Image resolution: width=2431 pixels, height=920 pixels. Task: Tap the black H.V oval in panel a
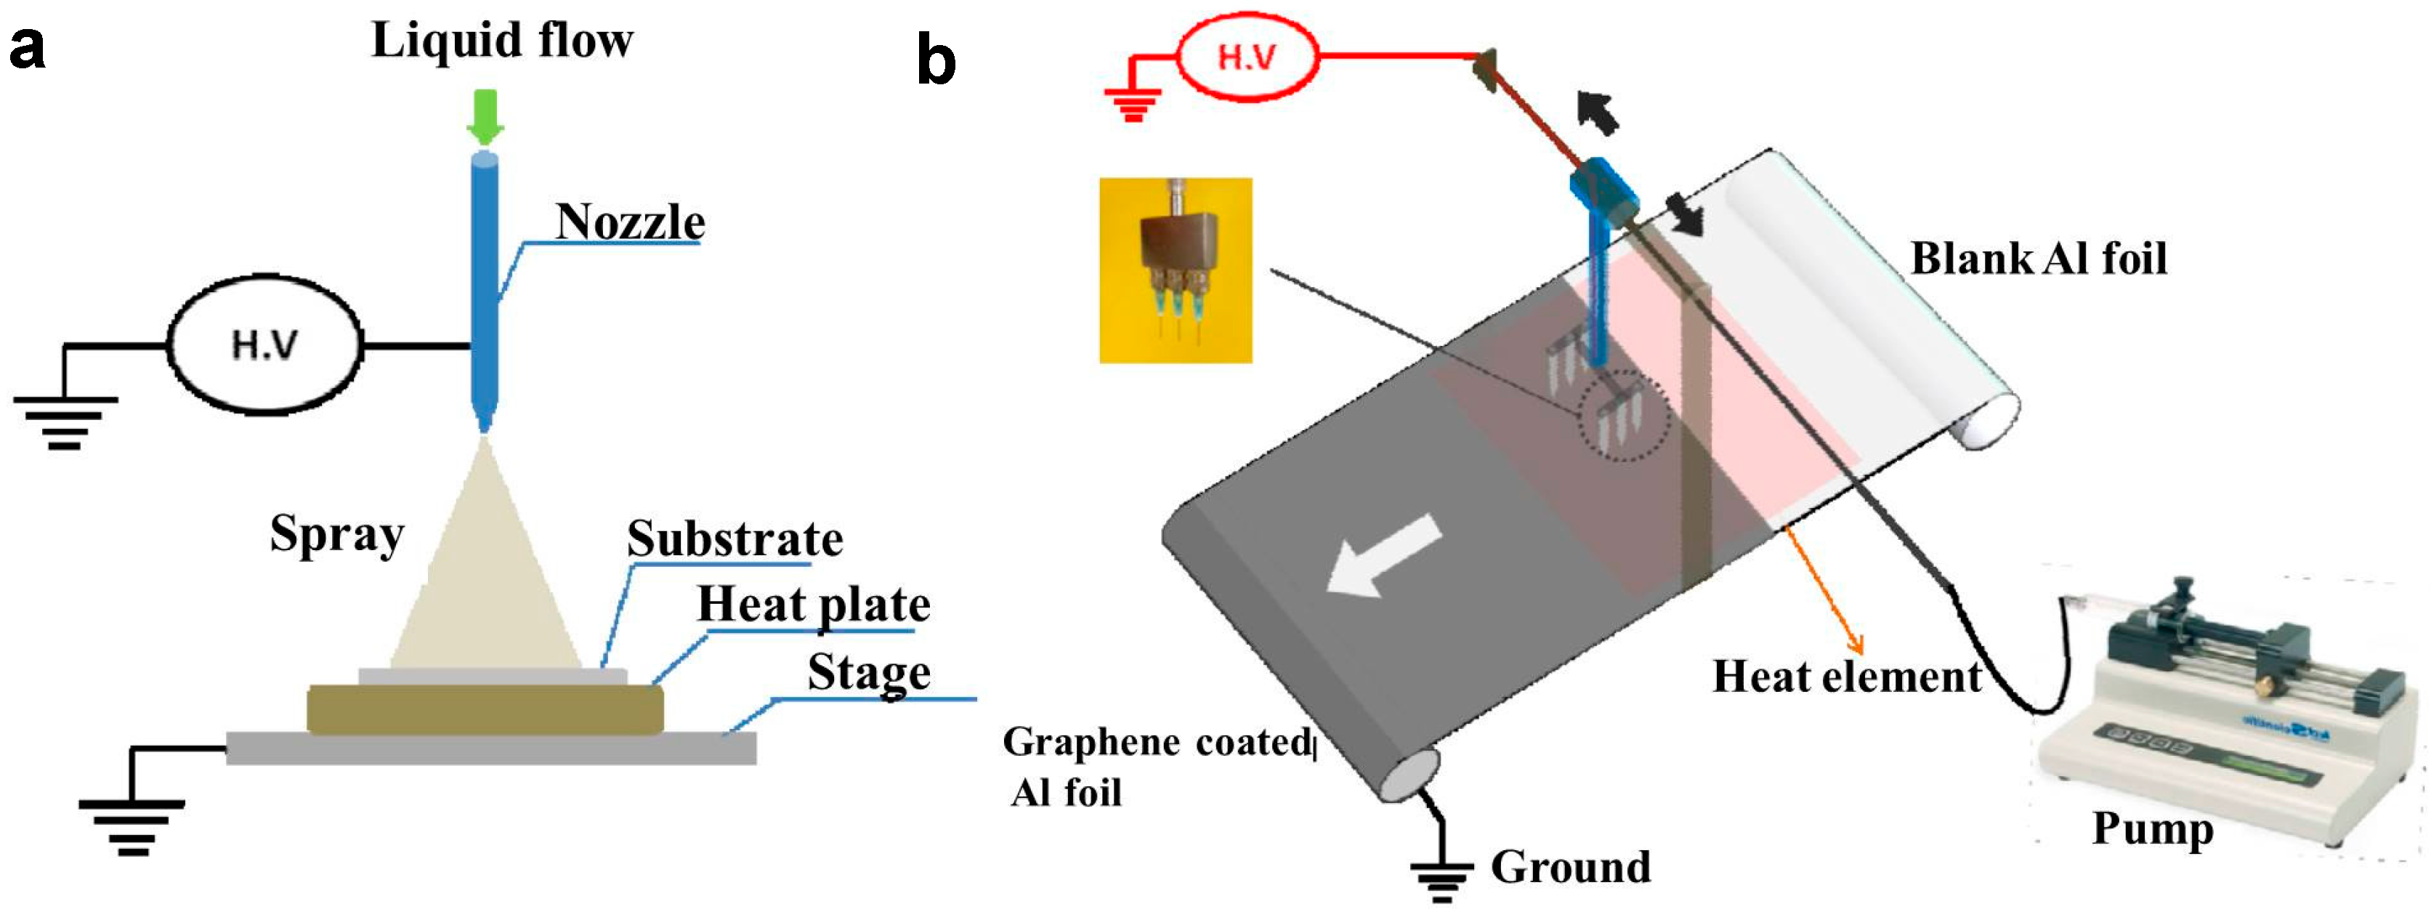pos(264,345)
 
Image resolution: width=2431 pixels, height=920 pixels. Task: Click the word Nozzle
pos(629,222)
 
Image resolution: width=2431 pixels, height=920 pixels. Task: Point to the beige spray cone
pos(486,576)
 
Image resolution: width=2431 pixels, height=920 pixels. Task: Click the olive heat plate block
pos(485,709)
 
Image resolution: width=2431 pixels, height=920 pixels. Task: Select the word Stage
pos(868,672)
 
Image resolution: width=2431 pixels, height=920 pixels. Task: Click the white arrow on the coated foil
pos(1383,557)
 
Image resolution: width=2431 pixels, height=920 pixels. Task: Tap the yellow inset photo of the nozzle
pos(1176,270)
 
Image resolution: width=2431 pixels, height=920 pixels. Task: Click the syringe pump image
pos(2227,698)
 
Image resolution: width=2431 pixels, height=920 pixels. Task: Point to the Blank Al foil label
pos(2039,259)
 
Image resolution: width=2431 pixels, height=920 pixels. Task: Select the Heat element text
pos(1847,677)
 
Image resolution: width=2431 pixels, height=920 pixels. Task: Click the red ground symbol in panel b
pos(1133,104)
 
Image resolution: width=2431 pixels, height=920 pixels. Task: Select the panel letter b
pos(937,62)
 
